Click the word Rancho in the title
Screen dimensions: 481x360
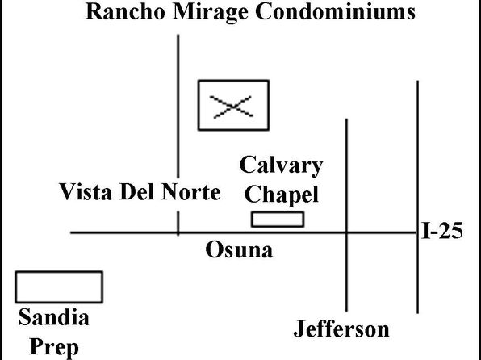(125, 11)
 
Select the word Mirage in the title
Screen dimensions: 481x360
(210, 13)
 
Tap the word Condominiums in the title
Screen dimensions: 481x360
(335, 11)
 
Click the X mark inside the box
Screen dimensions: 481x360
(233, 107)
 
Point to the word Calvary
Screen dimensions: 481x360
(281, 166)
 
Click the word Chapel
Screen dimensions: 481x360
(282, 195)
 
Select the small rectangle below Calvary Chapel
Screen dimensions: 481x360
(278, 219)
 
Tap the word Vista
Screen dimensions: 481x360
(86, 191)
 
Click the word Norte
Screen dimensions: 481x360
(191, 191)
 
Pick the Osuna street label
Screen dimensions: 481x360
(239, 249)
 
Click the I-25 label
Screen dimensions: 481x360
(442, 231)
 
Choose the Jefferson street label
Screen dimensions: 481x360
(341, 329)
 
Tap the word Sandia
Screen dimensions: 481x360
(54, 317)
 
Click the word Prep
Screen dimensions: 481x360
(54, 348)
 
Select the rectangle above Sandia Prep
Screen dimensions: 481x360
(59, 287)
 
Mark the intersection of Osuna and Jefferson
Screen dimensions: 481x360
(347, 232)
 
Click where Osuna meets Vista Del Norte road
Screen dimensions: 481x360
(178, 232)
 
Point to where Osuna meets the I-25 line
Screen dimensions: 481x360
(417, 232)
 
